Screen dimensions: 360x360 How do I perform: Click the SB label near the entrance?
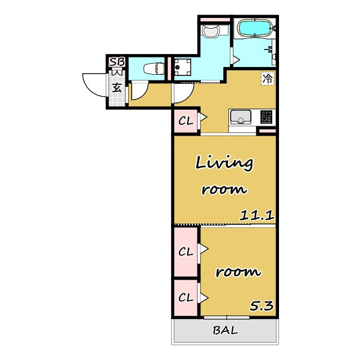tap(117, 62)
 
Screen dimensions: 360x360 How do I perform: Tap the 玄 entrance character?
tap(117, 88)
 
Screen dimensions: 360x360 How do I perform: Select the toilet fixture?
tap(154, 69)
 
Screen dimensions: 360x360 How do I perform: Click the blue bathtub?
tap(255, 28)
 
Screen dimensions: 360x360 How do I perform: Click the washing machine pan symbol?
tap(182, 67)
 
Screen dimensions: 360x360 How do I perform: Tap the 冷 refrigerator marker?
tap(268, 79)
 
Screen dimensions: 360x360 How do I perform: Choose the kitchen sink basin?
tap(241, 116)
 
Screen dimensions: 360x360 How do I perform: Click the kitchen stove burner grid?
tap(266, 116)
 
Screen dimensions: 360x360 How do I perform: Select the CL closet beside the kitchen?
tap(186, 121)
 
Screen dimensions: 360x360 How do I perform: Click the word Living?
tap(224, 163)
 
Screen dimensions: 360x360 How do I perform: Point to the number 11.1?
tap(257, 216)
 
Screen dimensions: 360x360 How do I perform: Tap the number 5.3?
tap(262, 306)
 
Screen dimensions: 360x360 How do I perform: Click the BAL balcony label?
tap(225, 330)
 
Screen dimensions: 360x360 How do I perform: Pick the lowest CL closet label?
tap(186, 298)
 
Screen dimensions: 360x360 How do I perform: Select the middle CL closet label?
tap(186, 252)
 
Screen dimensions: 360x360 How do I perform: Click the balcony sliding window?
tap(227, 317)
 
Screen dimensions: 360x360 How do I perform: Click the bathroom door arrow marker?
tap(236, 60)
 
